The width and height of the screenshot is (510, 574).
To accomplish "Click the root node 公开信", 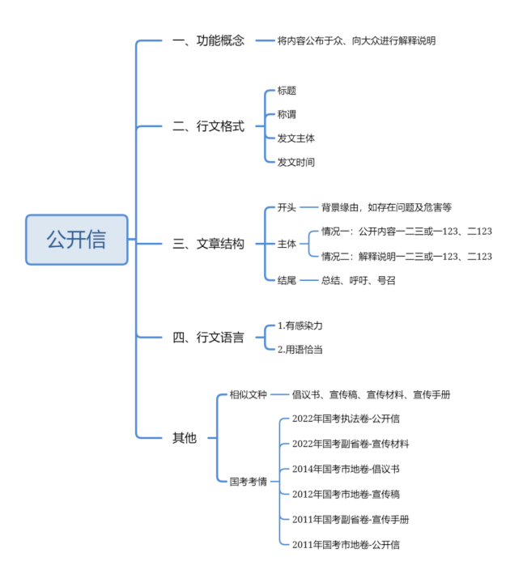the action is [x=77, y=240].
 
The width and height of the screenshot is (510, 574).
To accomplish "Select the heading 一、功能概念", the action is [x=208, y=40].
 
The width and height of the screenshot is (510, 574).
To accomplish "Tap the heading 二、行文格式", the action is [x=208, y=126].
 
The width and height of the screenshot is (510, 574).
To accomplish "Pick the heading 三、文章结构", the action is [x=208, y=244].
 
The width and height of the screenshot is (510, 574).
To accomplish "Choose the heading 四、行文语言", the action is [x=208, y=337].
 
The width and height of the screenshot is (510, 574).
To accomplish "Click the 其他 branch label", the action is [x=185, y=438].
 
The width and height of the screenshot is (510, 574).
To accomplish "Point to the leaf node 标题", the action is [x=287, y=91].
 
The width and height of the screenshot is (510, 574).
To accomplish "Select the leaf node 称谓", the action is [x=287, y=115].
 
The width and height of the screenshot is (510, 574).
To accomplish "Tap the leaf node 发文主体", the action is [x=295, y=138].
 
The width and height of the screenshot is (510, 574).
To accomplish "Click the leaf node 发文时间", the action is [x=295, y=162].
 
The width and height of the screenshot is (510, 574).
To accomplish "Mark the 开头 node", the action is [x=287, y=207].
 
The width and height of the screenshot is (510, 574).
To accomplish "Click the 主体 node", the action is [x=287, y=244].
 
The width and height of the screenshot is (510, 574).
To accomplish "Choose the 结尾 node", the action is [x=287, y=280].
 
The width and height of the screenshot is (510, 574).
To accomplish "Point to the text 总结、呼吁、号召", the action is [x=359, y=280].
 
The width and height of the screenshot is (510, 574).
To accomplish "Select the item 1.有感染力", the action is [x=300, y=325].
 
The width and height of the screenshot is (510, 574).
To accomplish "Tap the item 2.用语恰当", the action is [x=300, y=350].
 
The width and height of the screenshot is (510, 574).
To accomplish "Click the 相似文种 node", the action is [x=249, y=394].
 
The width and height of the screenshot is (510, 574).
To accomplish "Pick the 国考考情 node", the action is [x=249, y=482].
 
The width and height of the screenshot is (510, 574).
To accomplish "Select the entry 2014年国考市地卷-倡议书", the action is [x=346, y=469].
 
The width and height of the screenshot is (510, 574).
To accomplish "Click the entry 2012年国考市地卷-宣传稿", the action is [x=346, y=494].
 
